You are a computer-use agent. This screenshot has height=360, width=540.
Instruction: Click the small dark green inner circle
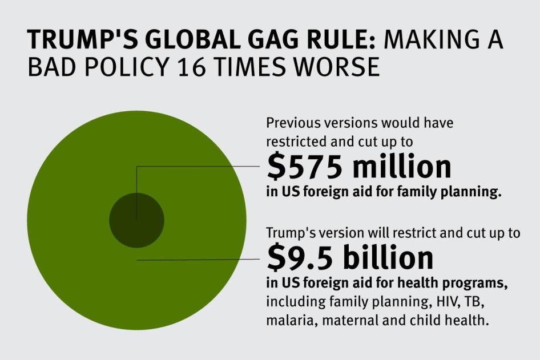pos(136,220)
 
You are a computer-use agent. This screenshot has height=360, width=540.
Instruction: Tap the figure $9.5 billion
pos(350,258)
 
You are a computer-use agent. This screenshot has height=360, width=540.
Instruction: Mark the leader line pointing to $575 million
pos(200,167)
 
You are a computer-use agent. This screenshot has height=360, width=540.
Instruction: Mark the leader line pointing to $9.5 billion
pos(200,260)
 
